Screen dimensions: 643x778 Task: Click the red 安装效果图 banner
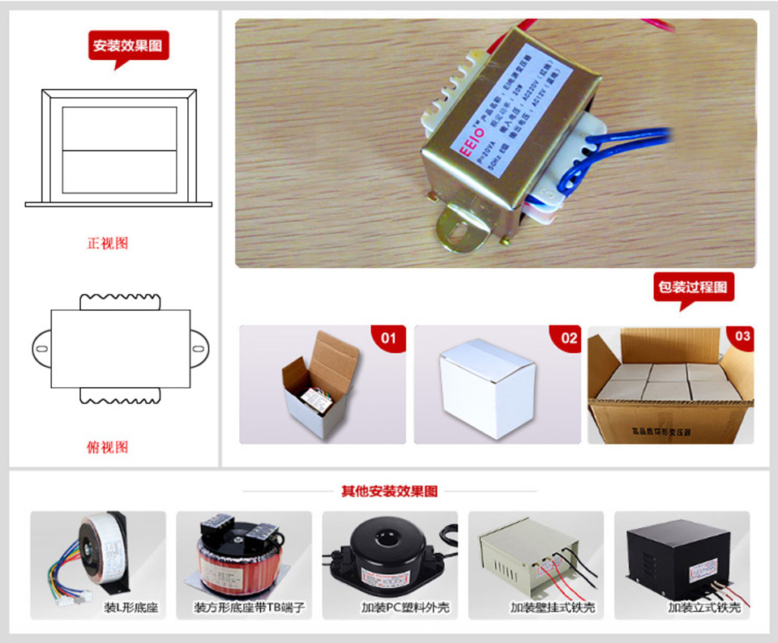point(128,45)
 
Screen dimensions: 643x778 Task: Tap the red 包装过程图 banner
point(693,287)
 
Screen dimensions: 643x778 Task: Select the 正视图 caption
point(107,243)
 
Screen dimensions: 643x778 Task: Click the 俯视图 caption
point(107,447)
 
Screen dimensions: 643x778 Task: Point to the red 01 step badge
point(389,338)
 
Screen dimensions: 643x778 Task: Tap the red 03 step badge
point(742,336)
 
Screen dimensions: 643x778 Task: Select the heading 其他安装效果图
point(389,492)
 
